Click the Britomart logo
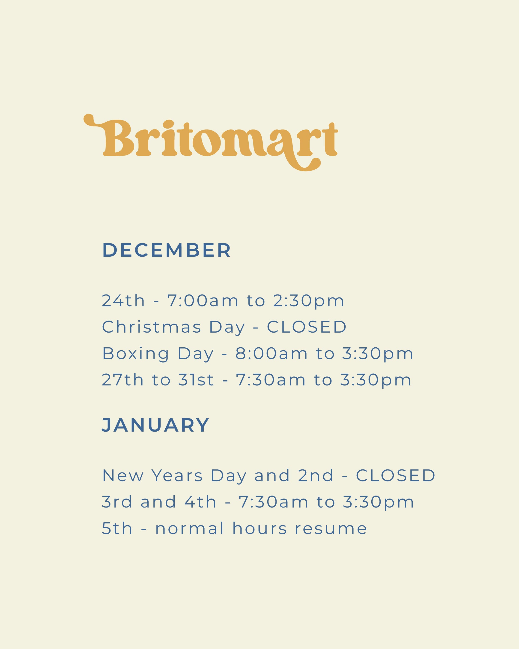(211, 142)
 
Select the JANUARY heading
(155, 425)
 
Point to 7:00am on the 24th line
(203, 301)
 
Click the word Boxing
(136, 354)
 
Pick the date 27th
(123, 380)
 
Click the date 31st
(196, 380)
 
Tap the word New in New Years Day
(123, 476)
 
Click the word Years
(177, 476)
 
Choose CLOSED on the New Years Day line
(396, 476)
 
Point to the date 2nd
(316, 476)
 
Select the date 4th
(200, 502)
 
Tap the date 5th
(117, 529)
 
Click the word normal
(190, 529)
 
